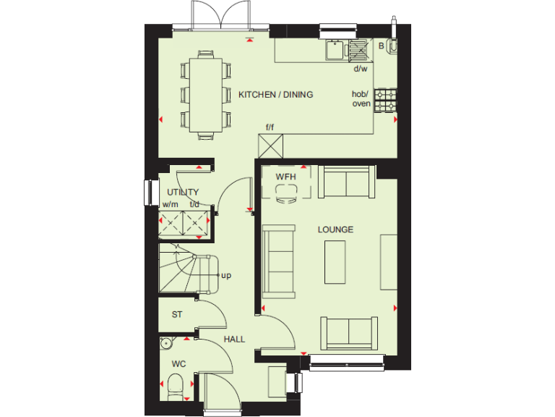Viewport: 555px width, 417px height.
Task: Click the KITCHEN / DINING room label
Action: pos(275,94)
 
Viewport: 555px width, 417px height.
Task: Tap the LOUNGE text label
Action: pos(336,229)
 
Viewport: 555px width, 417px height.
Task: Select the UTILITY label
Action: pos(182,193)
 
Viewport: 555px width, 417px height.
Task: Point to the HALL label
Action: pos(233,339)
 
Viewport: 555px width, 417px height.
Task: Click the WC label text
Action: pos(178,363)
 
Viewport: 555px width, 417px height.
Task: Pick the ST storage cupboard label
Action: pos(176,315)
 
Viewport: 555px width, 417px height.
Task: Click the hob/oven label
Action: pos(361,99)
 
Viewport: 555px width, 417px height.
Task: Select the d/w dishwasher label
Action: pos(360,69)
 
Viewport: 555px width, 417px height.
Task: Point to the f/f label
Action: pos(270,128)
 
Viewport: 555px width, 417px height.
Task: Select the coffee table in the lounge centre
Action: pos(336,262)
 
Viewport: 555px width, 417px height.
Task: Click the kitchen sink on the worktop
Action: pos(335,50)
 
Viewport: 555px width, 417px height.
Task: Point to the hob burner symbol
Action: pos(385,99)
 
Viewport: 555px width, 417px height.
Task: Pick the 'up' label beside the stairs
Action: pos(225,276)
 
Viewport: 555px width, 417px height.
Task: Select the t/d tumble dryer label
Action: pos(194,204)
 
